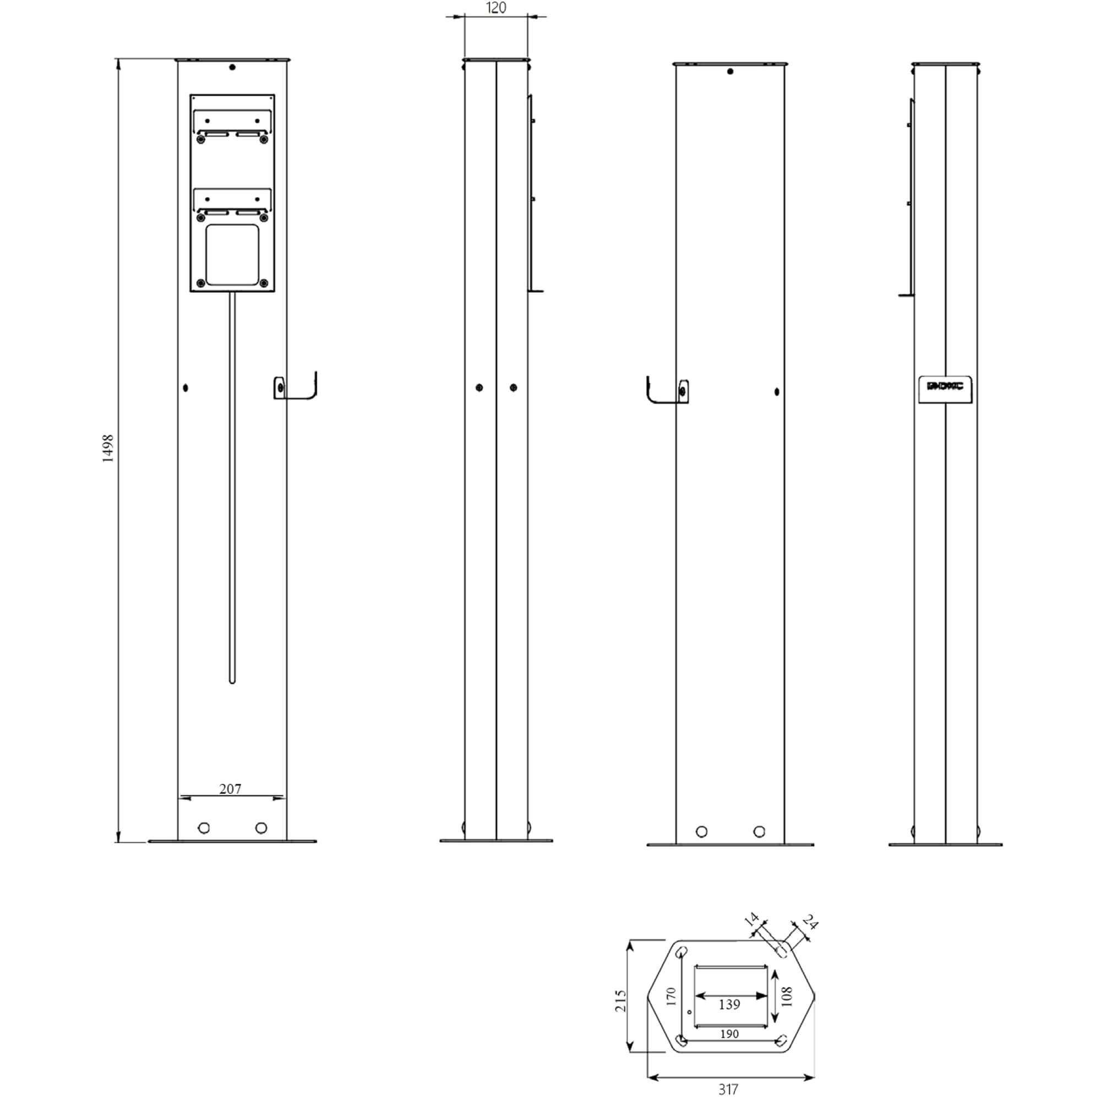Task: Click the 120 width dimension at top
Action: (x=496, y=7)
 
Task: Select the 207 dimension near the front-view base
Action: (x=230, y=789)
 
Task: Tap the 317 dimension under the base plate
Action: (x=728, y=1089)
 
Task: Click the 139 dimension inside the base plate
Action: (x=729, y=1004)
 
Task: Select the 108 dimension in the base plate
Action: (x=787, y=997)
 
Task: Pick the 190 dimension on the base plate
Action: (x=729, y=1034)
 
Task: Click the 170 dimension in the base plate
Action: (x=671, y=996)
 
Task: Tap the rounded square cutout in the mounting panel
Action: (x=232, y=255)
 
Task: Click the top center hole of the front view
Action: (x=232, y=67)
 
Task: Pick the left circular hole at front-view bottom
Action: (x=204, y=827)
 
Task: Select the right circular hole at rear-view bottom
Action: (x=759, y=831)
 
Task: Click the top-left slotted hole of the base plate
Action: (x=681, y=952)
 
